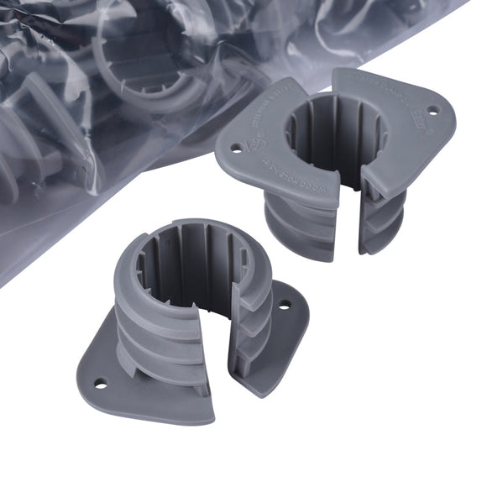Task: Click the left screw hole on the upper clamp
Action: point(236,148)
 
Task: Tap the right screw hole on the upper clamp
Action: point(433,110)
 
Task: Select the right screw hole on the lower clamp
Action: point(284,306)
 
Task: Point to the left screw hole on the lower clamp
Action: point(101,384)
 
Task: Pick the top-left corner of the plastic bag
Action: point(4,4)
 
